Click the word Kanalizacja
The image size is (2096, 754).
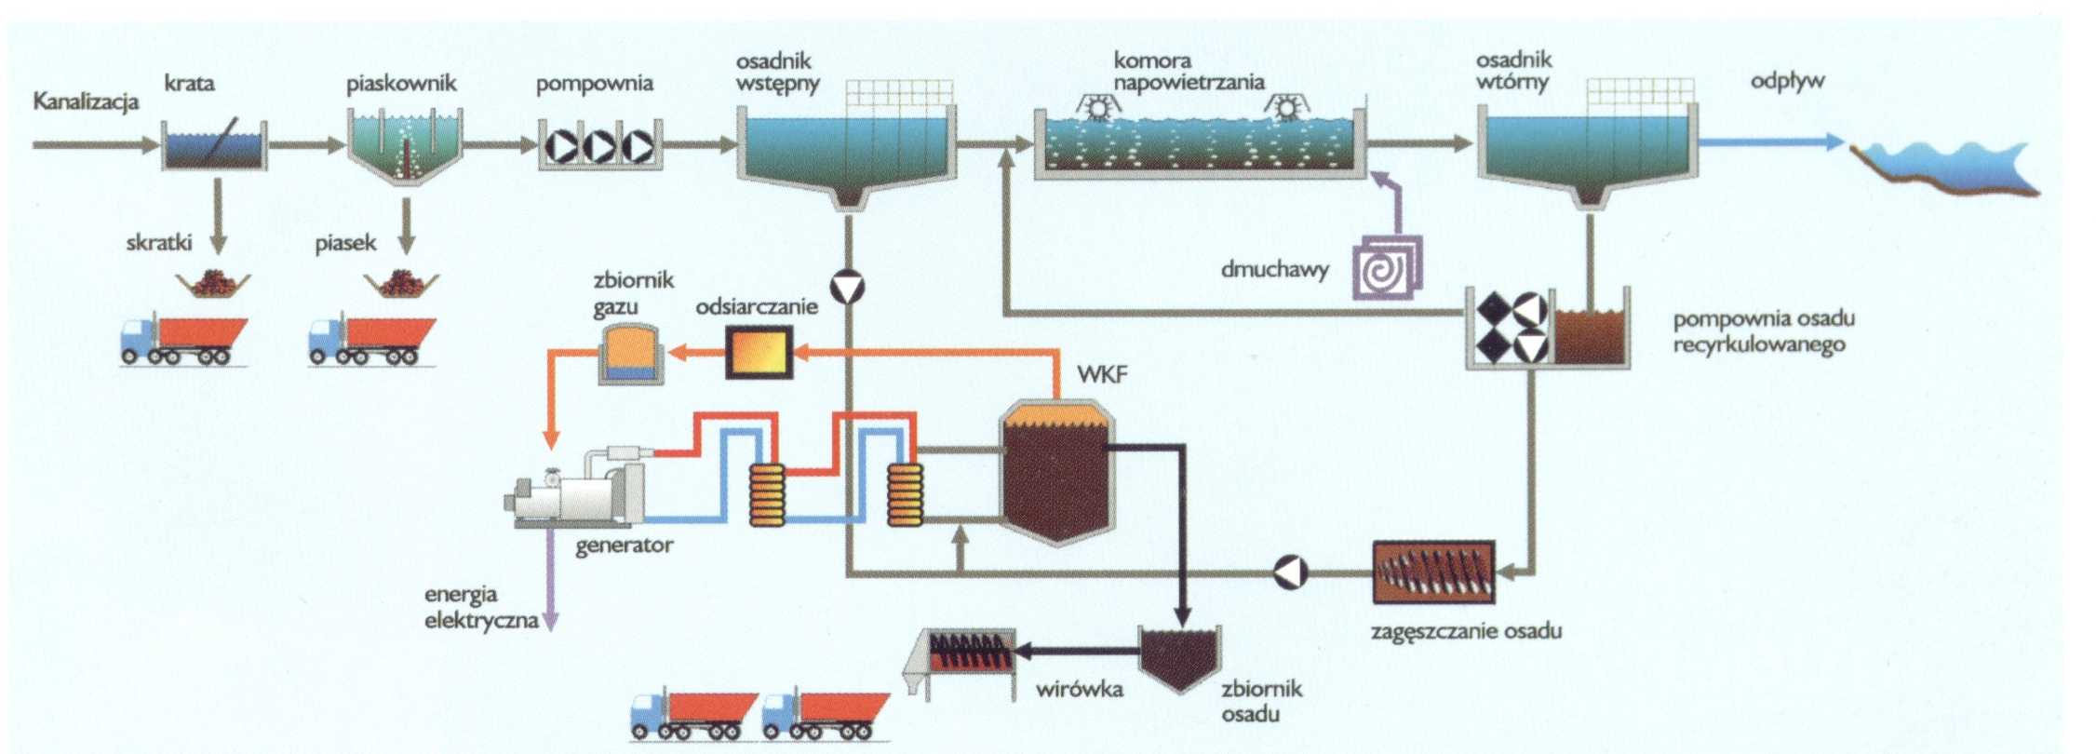(x=86, y=101)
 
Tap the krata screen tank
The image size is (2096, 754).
(x=214, y=147)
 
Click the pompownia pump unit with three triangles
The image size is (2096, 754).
(x=600, y=146)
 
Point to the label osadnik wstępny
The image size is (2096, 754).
(x=777, y=73)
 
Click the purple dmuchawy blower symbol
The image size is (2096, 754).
(x=1387, y=268)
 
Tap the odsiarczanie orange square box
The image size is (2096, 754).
(x=759, y=352)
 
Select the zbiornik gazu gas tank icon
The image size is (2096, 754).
(x=630, y=354)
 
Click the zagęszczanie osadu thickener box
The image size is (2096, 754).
(x=1433, y=572)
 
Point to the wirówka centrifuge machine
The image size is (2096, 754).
(x=963, y=659)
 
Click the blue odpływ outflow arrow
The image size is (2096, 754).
(x=1768, y=142)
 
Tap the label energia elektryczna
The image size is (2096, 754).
(x=480, y=607)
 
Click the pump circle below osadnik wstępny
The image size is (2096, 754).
(x=848, y=288)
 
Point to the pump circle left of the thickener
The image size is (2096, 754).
(x=1291, y=572)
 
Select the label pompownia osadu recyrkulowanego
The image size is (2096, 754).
(x=1764, y=331)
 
